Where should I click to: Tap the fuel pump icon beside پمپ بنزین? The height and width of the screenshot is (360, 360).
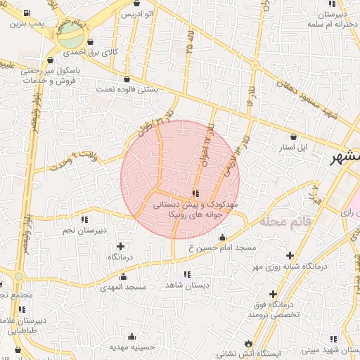pyautogui.click(x=27, y=14)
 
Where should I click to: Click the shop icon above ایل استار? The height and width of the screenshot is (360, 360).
pyautogui.click(x=292, y=137)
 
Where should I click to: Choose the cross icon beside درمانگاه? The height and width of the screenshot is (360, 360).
pyautogui.click(x=120, y=246)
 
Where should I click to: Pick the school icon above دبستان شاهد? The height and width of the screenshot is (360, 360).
pyautogui.click(x=186, y=274)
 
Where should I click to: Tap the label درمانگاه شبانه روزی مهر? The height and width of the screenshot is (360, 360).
pyautogui.click(x=312, y=267)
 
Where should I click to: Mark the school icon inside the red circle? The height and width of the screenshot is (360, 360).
pyautogui.click(x=195, y=193)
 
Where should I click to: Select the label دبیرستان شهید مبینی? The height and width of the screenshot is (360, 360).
pyautogui.click(x=327, y=349)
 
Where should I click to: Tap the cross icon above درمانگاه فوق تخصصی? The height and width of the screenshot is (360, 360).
pyautogui.click(x=273, y=294)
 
